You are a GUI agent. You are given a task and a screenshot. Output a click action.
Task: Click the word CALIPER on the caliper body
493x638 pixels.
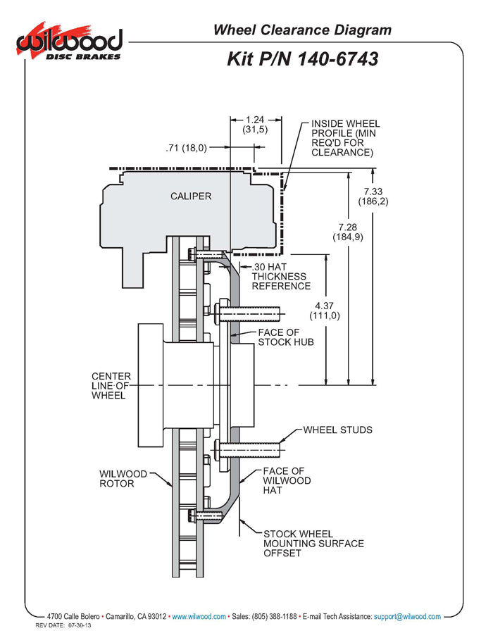(190, 196)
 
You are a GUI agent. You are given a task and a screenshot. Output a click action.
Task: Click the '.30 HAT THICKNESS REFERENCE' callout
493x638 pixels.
(280, 276)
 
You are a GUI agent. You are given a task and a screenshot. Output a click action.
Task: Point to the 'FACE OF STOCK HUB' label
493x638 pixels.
(285, 337)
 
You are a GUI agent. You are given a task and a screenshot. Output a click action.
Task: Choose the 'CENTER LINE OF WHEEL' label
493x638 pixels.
(111, 385)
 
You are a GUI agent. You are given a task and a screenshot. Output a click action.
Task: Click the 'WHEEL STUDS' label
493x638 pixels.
(338, 430)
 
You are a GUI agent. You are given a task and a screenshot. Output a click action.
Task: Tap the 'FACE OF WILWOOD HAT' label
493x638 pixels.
(287, 480)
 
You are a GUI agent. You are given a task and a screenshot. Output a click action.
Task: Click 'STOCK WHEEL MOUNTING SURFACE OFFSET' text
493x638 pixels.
(313, 543)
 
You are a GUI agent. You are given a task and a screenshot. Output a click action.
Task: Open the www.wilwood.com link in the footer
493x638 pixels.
(199, 616)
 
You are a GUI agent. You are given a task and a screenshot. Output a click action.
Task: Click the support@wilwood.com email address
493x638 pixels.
(408, 616)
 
